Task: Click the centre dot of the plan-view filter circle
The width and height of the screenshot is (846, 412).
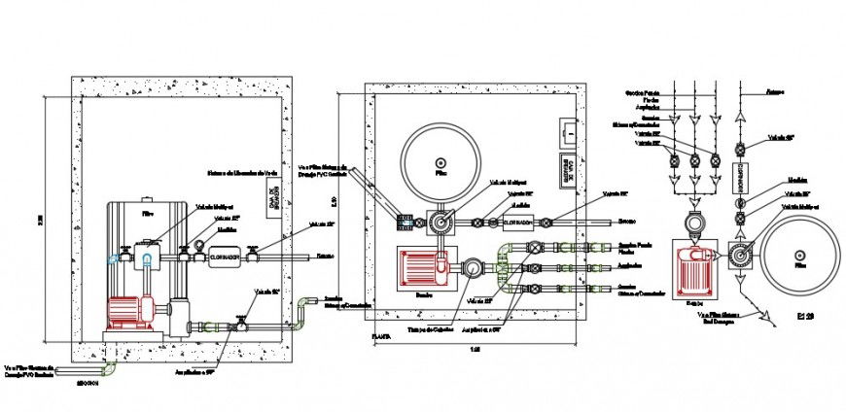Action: [x=441, y=162]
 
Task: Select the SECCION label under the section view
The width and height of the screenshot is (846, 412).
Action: [x=93, y=383]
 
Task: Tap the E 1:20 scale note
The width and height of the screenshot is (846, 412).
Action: [x=805, y=316]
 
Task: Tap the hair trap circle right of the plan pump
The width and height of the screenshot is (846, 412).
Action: [x=471, y=267]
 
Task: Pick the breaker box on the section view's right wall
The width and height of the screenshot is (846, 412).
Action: [x=274, y=199]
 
